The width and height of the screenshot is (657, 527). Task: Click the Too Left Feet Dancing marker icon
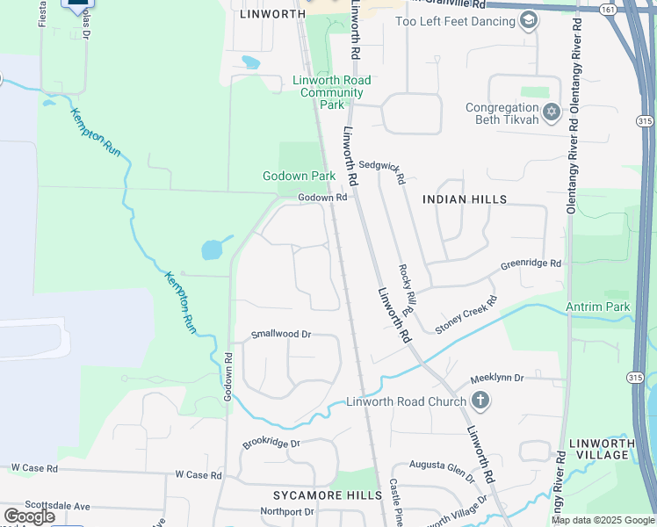tap(528, 20)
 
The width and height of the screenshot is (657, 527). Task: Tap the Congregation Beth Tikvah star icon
tap(552, 112)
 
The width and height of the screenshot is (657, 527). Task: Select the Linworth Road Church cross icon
tap(480, 401)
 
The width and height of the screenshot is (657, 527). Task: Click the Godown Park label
tap(299, 176)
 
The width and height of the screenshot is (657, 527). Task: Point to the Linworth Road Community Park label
tap(331, 92)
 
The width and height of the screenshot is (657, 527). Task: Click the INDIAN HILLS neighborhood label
tap(465, 199)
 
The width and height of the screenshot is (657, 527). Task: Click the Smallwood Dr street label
tap(281, 334)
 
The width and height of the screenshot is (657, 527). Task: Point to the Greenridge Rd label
tap(530, 263)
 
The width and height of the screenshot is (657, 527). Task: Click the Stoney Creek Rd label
tap(466, 314)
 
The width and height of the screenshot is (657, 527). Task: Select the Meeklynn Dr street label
tap(496, 378)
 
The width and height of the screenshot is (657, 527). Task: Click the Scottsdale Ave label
tap(58, 506)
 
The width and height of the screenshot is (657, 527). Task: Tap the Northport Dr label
tap(286, 511)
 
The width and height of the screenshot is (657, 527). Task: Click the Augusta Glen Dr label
tap(444, 468)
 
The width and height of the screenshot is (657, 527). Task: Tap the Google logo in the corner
tap(29, 516)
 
